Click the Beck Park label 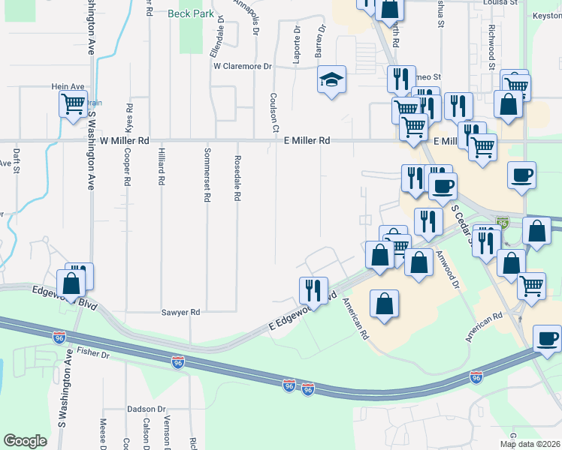point(186,13)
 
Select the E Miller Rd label point(307,140)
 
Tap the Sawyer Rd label point(181,312)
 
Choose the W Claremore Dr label point(242,66)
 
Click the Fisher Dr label point(93,352)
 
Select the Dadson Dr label point(147,409)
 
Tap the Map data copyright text point(530,444)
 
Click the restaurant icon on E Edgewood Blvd point(313,289)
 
